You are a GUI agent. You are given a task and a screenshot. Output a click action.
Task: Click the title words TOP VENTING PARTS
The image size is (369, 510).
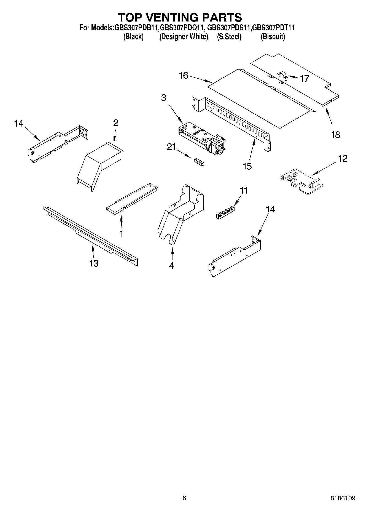180,17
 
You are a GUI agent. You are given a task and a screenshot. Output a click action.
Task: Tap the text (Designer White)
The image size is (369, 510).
184,37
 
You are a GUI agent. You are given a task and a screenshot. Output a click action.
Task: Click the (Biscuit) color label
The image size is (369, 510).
273,37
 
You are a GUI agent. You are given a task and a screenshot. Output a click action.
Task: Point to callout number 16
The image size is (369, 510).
183,75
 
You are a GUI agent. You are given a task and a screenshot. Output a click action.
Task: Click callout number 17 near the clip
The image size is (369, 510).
304,79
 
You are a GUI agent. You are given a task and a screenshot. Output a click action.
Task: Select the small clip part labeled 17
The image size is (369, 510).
282,74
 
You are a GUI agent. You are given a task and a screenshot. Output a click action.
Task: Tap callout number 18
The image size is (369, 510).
335,135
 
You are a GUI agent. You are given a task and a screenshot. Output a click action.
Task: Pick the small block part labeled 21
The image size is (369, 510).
199,162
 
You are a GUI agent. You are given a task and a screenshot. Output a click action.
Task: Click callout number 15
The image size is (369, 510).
247,166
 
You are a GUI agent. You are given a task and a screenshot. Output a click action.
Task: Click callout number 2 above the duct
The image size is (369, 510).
115,123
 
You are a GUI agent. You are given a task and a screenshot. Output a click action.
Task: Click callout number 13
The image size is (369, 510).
94,263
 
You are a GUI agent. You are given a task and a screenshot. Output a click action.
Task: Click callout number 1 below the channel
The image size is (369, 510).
121,234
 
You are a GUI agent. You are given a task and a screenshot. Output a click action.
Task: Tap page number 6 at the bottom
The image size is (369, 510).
184,498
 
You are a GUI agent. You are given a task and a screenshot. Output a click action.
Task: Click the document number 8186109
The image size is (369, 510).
343,498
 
